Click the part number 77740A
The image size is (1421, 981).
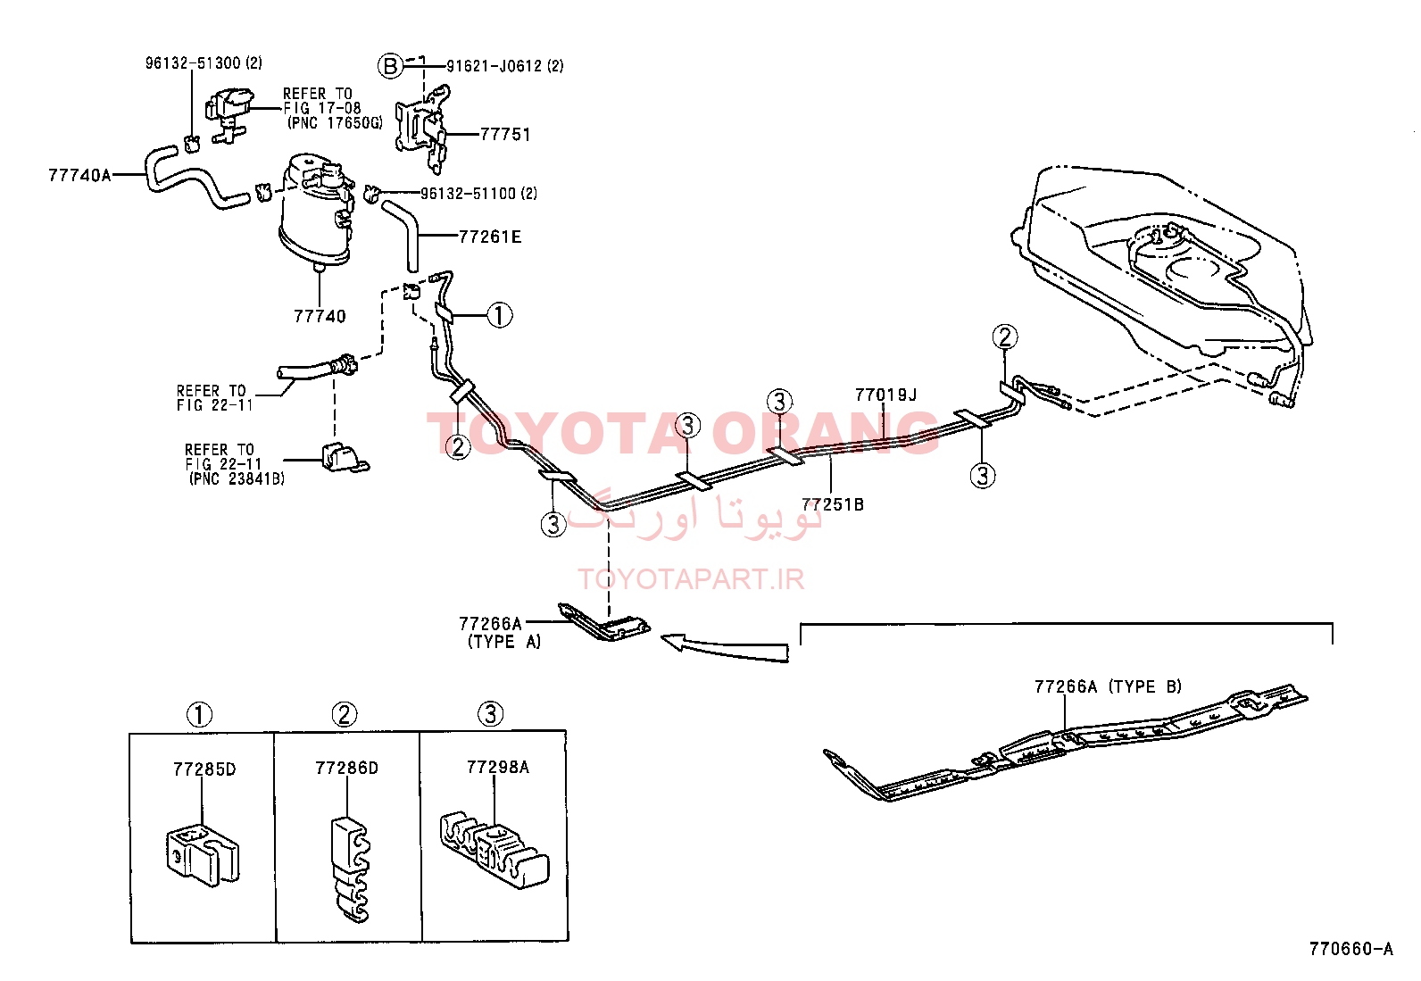[79, 174]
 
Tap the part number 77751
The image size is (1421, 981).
[505, 135]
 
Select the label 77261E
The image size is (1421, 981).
[490, 237]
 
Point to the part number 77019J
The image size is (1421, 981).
[885, 395]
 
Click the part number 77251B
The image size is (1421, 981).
[832, 504]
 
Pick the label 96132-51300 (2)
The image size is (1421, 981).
[204, 62]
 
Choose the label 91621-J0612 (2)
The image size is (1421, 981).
[505, 66]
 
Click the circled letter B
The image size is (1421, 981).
[391, 66]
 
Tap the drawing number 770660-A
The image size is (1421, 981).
[1351, 949]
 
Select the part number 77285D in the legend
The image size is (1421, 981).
[204, 769]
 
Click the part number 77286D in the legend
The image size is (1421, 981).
[346, 768]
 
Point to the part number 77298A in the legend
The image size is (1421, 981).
[498, 767]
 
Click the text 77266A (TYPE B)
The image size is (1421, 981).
[1109, 686]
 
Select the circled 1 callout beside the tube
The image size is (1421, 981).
[499, 315]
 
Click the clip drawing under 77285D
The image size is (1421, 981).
[203, 853]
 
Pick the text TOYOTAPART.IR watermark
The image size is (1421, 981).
[691, 579]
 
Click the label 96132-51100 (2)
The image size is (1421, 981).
[479, 194]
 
